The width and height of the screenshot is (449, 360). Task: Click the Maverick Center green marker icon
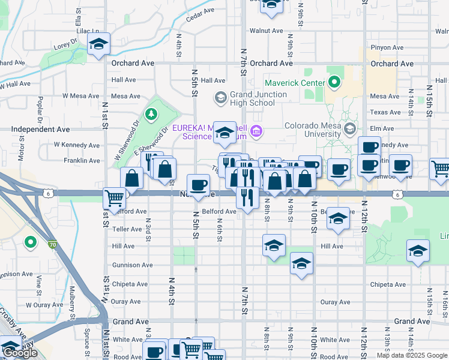tap(334, 83)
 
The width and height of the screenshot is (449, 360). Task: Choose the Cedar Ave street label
tap(200, 14)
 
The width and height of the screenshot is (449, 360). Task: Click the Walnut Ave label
tap(266, 31)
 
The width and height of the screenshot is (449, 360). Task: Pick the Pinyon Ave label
tap(387, 47)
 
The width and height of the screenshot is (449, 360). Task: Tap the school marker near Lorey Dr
tap(98, 44)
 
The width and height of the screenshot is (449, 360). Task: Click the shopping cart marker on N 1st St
tap(114, 197)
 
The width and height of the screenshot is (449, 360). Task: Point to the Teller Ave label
tap(127, 229)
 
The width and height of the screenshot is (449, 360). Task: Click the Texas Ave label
tap(385, 112)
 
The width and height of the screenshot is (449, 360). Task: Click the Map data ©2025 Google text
tap(412, 356)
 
